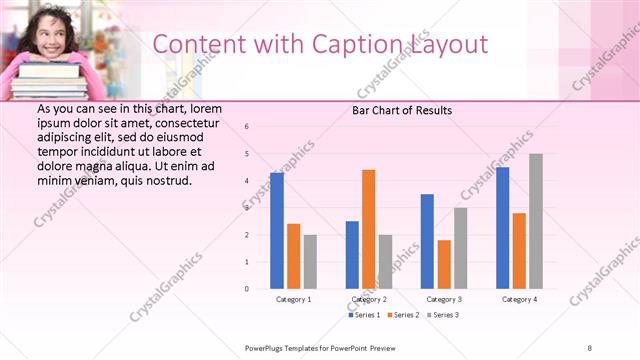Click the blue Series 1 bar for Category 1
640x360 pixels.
tap(277, 231)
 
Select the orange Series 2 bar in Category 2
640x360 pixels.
tap(368, 229)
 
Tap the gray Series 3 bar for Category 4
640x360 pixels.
tap(536, 221)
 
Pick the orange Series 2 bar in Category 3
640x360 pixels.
tap(444, 264)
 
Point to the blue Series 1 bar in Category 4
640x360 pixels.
tap(502, 228)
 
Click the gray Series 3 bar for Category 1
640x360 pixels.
tap(310, 262)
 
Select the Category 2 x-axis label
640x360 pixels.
tap(369, 299)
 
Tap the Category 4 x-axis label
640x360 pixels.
tap(519, 299)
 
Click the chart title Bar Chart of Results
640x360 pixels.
tap(402, 110)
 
